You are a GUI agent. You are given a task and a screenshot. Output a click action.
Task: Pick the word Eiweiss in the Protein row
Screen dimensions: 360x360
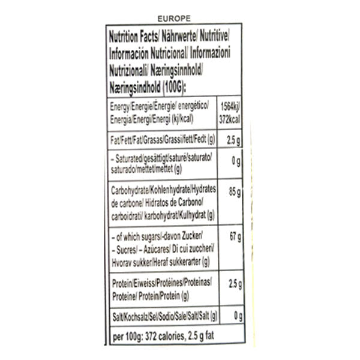point(143,280)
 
